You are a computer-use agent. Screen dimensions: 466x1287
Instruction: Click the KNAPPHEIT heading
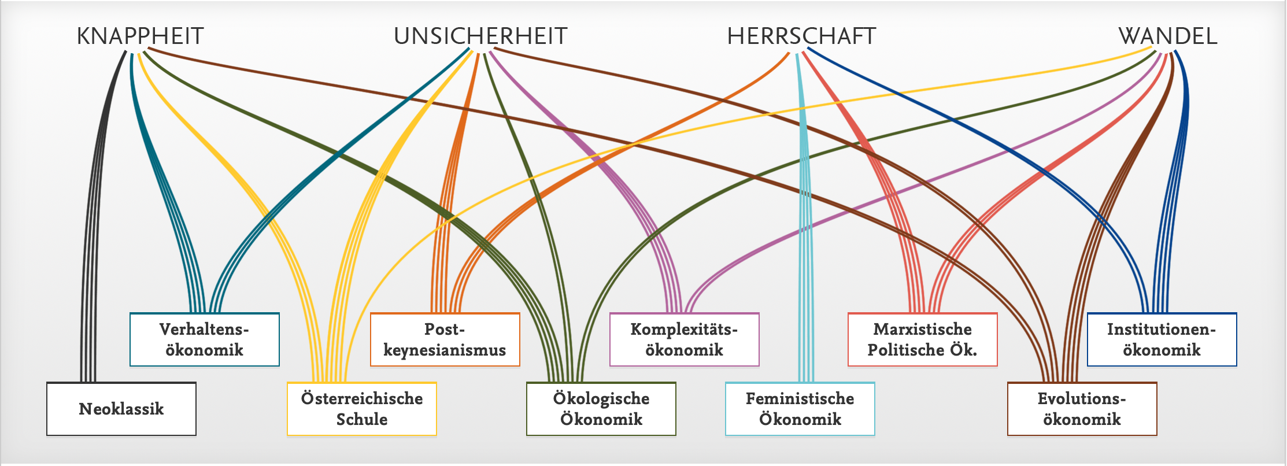pyautogui.click(x=140, y=36)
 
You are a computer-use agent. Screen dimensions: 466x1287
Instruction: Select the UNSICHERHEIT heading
pyautogui.click(x=480, y=36)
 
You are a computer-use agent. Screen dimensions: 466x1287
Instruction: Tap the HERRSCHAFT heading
pyautogui.click(x=801, y=36)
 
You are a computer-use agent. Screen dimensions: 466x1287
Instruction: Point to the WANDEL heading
pyautogui.click(x=1168, y=36)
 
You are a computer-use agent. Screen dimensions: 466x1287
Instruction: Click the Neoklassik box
pyautogui.click(x=121, y=409)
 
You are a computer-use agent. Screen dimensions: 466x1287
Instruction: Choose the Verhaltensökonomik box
pyautogui.click(x=205, y=339)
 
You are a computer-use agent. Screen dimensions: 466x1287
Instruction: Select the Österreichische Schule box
pyautogui.click(x=362, y=409)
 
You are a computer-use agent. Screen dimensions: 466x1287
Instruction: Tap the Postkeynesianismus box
pyautogui.click(x=445, y=339)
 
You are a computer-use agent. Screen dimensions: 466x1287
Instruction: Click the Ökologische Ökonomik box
pyautogui.click(x=601, y=409)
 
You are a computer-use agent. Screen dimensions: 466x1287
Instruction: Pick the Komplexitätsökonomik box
pyautogui.click(x=684, y=339)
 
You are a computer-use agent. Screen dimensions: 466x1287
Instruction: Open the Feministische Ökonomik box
pyautogui.click(x=800, y=409)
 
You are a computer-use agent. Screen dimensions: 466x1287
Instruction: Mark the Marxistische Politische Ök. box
pyautogui.click(x=922, y=339)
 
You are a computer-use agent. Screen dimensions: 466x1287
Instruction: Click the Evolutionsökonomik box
pyautogui.click(x=1082, y=409)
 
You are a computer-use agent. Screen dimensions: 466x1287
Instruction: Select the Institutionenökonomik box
pyautogui.click(x=1162, y=339)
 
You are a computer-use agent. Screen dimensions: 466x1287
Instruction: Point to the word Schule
pyautogui.click(x=362, y=419)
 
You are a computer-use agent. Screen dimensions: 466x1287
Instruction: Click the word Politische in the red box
pyautogui.click(x=907, y=350)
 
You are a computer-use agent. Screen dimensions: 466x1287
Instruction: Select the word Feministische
pyautogui.click(x=800, y=398)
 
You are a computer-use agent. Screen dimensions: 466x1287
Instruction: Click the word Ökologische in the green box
pyautogui.click(x=601, y=398)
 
